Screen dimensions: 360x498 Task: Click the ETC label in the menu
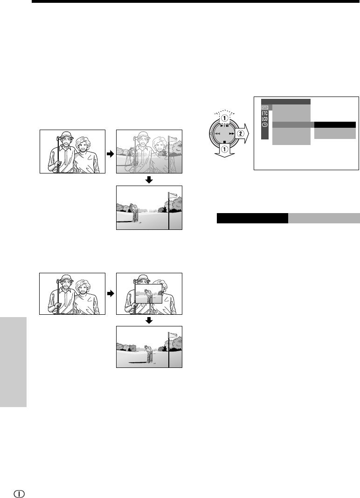265,113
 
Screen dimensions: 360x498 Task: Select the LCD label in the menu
265,119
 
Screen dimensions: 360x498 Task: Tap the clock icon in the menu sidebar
265,125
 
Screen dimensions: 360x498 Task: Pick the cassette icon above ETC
265,108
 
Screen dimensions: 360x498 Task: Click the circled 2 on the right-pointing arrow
241,134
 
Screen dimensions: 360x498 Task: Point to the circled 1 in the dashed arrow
224,118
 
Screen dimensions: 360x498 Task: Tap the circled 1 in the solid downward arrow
224,148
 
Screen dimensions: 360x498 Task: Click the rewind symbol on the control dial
218,134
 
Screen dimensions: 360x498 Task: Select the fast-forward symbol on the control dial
232,134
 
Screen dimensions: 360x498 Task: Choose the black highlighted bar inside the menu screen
335,125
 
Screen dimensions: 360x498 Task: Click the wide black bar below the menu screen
252,218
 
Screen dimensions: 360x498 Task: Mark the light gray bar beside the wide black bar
324,218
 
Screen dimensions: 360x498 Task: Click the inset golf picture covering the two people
149,294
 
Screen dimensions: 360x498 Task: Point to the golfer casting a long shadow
149,353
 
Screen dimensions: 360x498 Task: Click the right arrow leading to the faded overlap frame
110,154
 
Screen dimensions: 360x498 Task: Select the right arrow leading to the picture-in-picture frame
110,294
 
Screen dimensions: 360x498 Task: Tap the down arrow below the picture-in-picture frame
149,320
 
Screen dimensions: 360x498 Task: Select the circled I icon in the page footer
20,493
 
